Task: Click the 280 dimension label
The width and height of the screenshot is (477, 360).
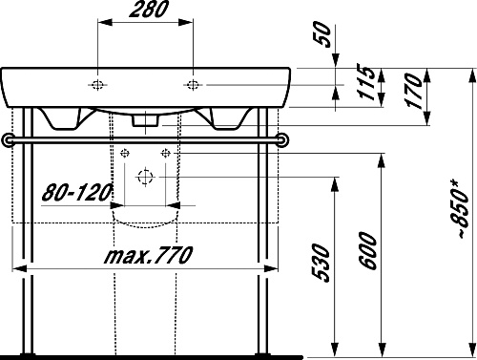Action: point(149,10)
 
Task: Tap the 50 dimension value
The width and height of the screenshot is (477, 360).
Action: point(322,33)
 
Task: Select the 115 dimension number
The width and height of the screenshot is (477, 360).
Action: point(364,82)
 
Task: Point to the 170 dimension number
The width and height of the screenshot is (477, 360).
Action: point(413,91)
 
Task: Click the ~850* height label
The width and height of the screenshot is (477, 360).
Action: point(461,209)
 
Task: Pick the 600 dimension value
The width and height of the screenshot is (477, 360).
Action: point(368,251)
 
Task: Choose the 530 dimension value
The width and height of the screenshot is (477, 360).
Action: point(321,263)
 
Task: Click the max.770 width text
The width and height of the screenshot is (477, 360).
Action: point(148,255)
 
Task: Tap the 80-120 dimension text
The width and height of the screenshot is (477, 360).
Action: point(77,192)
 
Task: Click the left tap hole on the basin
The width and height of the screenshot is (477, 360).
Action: point(97,85)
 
